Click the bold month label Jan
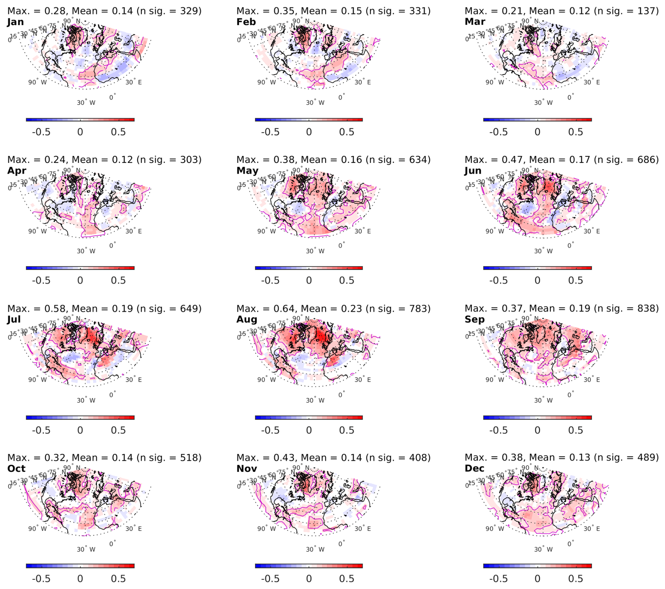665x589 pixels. click(15, 22)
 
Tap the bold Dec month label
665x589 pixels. click(474, 468)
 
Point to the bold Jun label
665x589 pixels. click(473, 171)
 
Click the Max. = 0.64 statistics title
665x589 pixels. click(333, 309)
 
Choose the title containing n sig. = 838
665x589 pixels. click(561, 309)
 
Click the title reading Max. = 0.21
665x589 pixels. click(561, 11)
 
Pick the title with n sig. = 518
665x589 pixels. click(104, 457)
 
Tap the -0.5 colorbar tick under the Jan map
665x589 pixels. click(41, 132)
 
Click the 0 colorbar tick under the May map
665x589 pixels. click(309, 280)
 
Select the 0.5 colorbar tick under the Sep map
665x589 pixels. click(575, 430)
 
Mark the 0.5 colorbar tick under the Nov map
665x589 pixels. click(347, 579)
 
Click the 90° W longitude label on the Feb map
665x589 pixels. click(266, 82)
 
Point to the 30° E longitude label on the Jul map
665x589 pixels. click(134, 380)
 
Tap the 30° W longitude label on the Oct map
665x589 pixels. click(86, 549)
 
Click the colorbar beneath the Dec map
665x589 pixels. click(537, 566)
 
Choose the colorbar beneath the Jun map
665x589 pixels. click(537, 268)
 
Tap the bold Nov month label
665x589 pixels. click(247, 469)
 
